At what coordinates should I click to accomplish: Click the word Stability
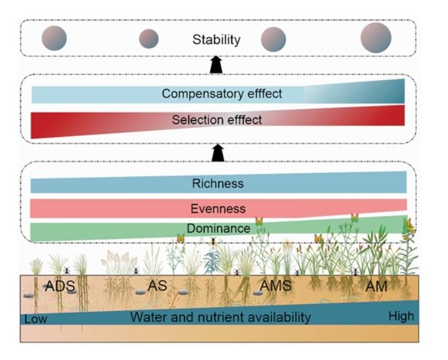pos(216,40)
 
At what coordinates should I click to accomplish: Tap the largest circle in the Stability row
pos(376,38)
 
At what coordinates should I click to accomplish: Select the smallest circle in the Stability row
pos(149,39)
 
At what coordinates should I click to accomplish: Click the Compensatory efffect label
pos(222,94)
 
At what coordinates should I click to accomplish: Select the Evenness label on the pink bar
pos(218,209)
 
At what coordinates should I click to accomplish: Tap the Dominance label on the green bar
pos(221,229)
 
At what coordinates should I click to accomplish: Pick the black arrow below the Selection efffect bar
pos(217,153)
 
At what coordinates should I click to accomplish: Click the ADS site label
pos(58,287)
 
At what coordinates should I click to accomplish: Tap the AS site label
pos(158,287)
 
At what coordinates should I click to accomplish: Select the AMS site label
pos(275,286)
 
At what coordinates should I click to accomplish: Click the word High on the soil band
pos(401,317)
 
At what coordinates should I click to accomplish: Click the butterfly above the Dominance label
pos(260,221)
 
